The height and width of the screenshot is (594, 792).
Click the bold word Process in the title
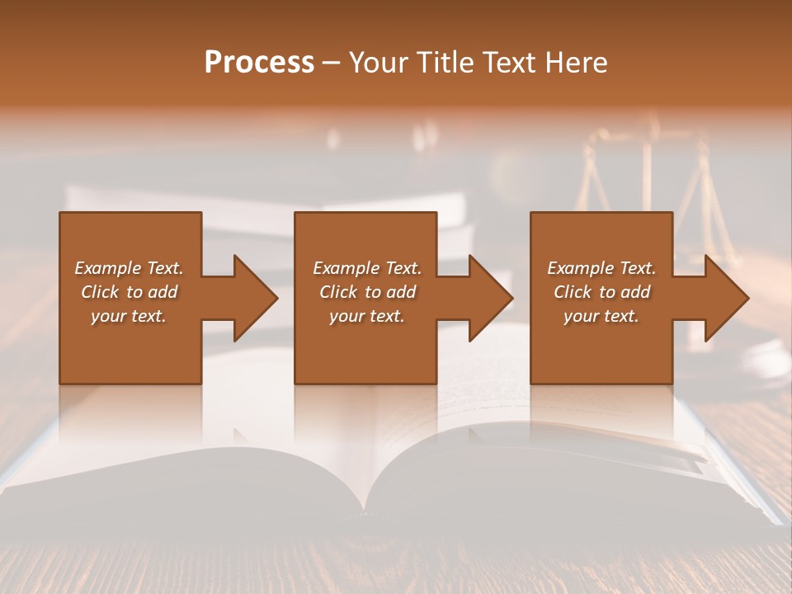point(259,62)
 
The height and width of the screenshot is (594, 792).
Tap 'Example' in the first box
point(107,268)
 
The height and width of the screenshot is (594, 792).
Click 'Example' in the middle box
point(346,268)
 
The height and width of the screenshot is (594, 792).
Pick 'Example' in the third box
point(580,268)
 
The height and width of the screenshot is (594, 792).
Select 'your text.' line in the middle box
point(366,316)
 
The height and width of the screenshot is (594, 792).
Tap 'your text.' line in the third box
point(601,316)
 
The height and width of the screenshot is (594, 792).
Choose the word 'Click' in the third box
point(573,292)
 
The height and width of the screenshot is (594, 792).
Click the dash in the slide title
point(332,62)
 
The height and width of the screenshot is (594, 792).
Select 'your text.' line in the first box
point(128,316)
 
